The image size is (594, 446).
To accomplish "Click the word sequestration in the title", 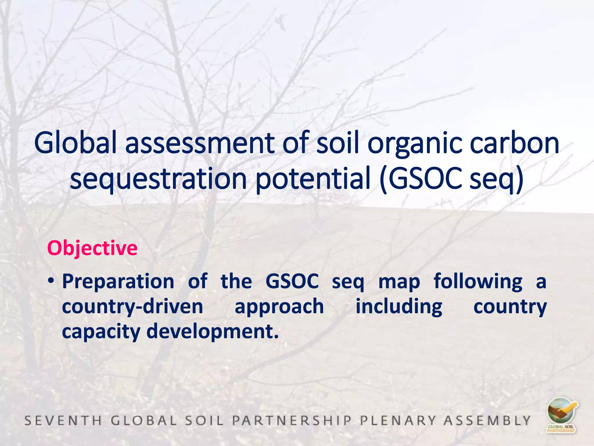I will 158,179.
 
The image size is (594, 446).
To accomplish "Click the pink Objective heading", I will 92,249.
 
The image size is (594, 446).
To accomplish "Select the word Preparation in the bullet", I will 118,282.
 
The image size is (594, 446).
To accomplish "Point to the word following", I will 478,282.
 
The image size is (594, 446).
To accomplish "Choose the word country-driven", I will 133,307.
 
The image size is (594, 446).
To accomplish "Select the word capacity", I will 101,332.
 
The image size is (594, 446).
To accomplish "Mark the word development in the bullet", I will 212,332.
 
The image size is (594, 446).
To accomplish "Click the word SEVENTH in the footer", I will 63,420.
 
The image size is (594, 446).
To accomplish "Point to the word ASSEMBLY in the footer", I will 487,420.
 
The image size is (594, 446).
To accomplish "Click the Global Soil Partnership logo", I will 562,416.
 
